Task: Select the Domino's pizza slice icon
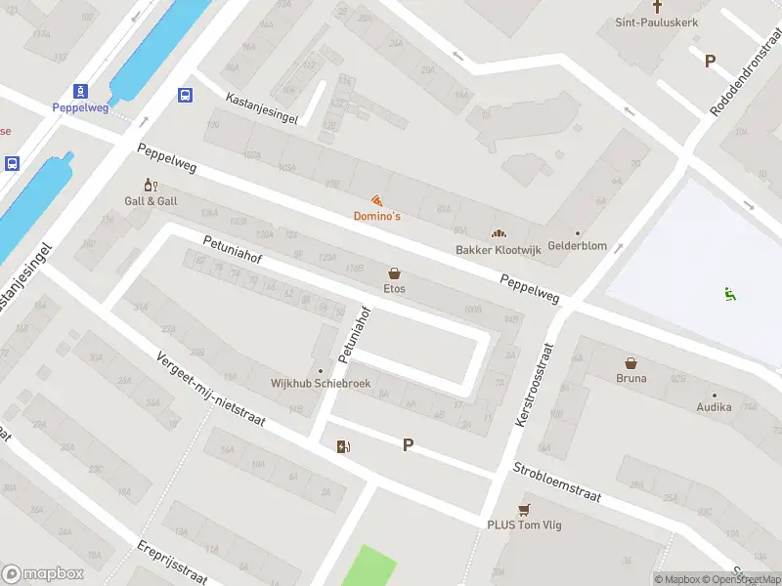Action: (x=376, y=199)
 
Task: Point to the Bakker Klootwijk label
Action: (x=499, y=250)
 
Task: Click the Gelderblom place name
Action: (x=577, y=246)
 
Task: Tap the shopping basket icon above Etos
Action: (x=394, y=273)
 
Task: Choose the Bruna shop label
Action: (x=630, y=378)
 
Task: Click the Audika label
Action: (x=714, y=407)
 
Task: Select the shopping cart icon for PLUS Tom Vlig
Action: (x=524, y=509)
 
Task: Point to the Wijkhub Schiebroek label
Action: (x=320, y=384)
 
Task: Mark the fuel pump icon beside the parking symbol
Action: (x=343, y=446)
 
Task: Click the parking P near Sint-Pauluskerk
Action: (x=710, y=61)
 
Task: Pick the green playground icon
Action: (x=729, y=292)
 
